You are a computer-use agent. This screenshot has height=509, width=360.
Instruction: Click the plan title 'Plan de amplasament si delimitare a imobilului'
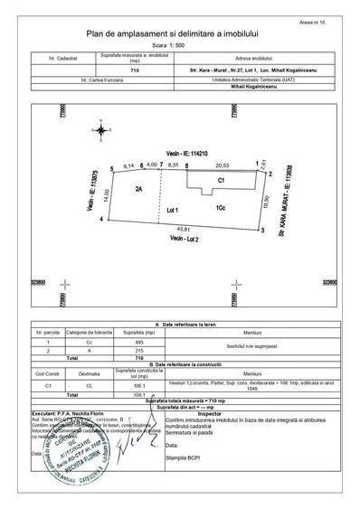click(179, 33)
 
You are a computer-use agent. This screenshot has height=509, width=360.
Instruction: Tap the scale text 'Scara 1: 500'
click(179, 45)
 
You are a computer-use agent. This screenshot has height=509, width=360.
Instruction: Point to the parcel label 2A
click(139, 190)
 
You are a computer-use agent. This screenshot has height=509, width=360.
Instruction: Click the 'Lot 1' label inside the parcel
click(169, 209)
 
